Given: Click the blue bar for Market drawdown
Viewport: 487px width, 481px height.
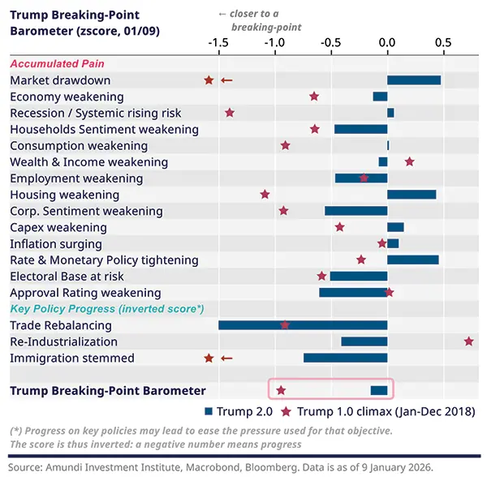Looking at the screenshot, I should pyautogui.click(x=414, y=80).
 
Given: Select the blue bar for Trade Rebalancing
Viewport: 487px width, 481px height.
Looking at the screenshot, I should pyautogui.click(x=303, y=325).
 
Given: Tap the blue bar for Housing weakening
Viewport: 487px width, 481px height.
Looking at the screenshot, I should pyautogui.click(x=412, y=195).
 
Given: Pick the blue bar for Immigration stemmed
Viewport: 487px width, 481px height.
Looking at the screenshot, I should pyautogui.click(x=345, y=358).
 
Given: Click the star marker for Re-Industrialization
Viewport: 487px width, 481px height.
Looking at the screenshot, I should pyautogui.click(x=469, y=341).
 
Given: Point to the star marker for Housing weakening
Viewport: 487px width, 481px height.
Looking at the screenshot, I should pyautogui.click(x=265, y=195).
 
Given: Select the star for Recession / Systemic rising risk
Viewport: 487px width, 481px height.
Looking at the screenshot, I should pyautogui.click(x=230, y=113).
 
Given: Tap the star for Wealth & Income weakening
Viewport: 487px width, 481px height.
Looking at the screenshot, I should pyautogui.click(x=409, y=162).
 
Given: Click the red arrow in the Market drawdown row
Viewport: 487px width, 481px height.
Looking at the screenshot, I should pyautogui.click(x=227, y=80).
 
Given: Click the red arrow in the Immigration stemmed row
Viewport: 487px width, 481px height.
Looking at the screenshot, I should pyautogui.click(x=227, y=358).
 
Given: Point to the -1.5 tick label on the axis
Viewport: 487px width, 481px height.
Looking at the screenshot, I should pyautogui.click(x=218, y=42).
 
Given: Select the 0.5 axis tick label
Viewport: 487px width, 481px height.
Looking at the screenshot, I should pyautogui.click(x=442, y=42).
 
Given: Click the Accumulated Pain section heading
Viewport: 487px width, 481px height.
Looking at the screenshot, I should pyautogui.click(x=57, y=63).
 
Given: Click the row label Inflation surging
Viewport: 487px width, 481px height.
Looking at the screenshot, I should pyautogui.click(x=56, y=243).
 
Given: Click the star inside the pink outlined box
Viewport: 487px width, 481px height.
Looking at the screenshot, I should pyautogui.click(x=281, y=391).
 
